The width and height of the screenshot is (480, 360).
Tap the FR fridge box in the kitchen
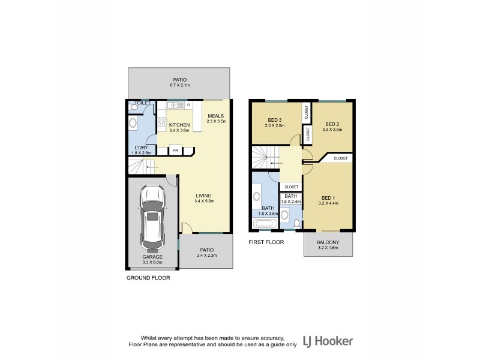pyautogui.click(x=176, y=151)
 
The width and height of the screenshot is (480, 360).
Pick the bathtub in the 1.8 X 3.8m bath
pyautogui.click(x=264, y=224)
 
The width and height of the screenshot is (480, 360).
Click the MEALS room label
pyautogui.click(x=216, y=116)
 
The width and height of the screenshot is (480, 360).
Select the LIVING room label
pyautogui.click(x=203, y=196)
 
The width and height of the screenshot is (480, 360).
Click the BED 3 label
pyautogui.click(x=274, y=120)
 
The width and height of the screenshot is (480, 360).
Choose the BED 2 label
pyautogui.click(x=332, y=123)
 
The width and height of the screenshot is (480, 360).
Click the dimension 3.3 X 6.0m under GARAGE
pyautogui.click(x=152, y=262)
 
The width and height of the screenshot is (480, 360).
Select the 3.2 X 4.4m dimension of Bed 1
pyautogui.click(x=329, y=203)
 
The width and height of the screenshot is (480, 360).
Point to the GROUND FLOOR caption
pyautogui.click(x=148, y=278)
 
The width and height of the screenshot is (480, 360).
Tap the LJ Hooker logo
pyautogui.click(x=328, y=341)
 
